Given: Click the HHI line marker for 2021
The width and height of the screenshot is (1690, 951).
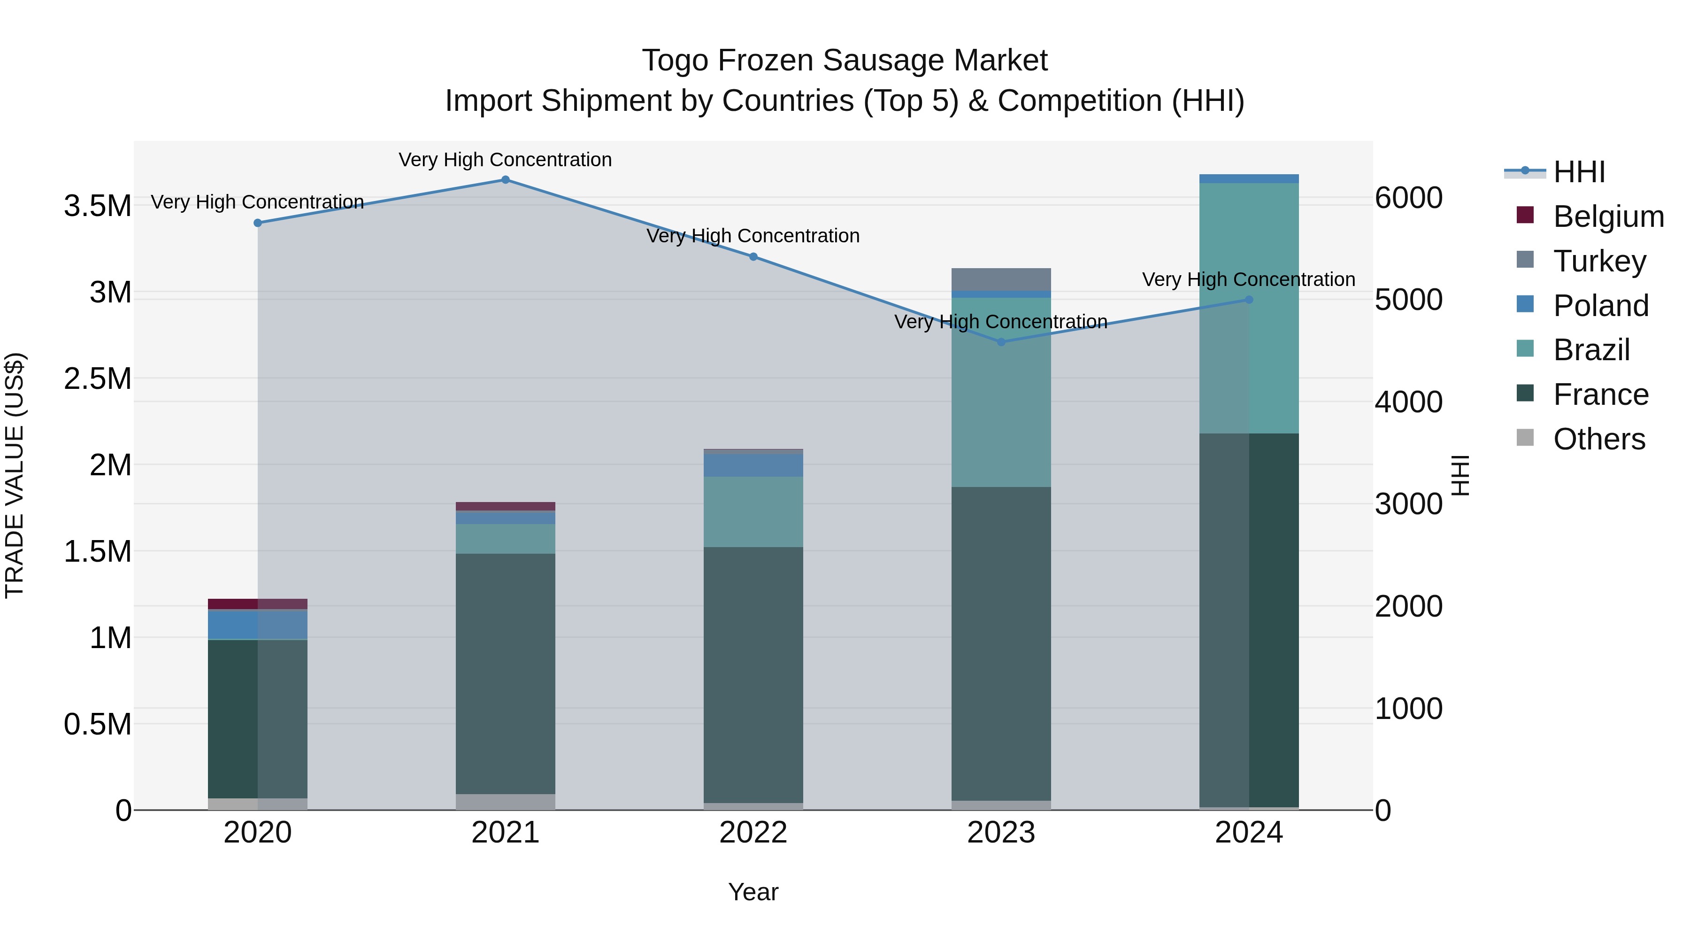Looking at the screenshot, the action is (505, 180).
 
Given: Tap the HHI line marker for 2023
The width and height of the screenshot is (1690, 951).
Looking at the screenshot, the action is (1001, 342).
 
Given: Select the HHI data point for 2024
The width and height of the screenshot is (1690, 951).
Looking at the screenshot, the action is (1248, 300).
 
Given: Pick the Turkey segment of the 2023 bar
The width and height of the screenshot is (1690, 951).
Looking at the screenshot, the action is (1001, 279).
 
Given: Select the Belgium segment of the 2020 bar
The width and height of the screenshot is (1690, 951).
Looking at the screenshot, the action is (257, 604).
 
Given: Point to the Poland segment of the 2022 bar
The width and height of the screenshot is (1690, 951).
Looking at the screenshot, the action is (753, 465).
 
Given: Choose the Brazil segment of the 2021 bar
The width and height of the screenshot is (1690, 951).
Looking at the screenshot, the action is (505, 539).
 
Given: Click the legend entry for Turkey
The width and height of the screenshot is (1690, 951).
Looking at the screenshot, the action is (1599, 261).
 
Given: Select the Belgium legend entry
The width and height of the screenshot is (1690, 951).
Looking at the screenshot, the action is (1607, 216).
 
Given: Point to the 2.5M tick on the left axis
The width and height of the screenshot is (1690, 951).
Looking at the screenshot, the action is (98, 379).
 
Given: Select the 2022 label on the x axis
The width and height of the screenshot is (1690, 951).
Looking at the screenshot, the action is (753, 833).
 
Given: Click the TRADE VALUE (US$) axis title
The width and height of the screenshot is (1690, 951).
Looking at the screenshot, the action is (15, 475).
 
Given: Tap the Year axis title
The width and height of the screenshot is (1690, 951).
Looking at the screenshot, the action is (753, 892).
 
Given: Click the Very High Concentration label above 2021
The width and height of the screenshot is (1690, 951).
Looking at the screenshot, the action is (505, 160).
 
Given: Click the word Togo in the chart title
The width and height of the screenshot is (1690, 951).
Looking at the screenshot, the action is (675, 61).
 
